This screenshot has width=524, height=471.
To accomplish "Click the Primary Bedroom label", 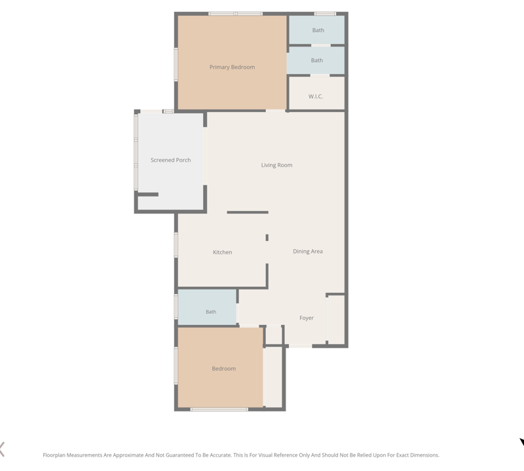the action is [232, 67].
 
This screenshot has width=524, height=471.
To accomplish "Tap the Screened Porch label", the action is [170, 160].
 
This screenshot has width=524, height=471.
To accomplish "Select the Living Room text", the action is [276, 165].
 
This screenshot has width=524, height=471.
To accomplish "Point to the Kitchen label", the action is [222, 252].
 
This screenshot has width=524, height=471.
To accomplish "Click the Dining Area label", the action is [308, 252].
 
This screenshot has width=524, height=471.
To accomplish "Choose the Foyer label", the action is [307, 318].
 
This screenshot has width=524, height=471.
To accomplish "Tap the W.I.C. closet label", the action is [316, 96].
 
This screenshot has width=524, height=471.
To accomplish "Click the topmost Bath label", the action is [318, 30].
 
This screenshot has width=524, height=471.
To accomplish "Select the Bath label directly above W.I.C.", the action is [317, 60].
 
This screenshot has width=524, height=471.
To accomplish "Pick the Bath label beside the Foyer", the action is [211, 312].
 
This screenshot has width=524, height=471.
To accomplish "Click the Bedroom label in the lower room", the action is [223, 369].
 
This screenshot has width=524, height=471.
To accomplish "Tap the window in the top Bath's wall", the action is [325, 14].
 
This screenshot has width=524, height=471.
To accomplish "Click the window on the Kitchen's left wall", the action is [176, 245].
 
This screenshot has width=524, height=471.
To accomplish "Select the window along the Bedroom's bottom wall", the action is [219, 409].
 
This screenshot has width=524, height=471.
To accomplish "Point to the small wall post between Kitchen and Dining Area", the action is [267, 238].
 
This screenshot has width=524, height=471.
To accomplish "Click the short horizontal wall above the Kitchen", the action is [248, 212].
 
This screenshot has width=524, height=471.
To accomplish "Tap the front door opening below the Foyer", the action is [300, 346].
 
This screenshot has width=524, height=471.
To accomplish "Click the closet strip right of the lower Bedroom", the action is [273, 377].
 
